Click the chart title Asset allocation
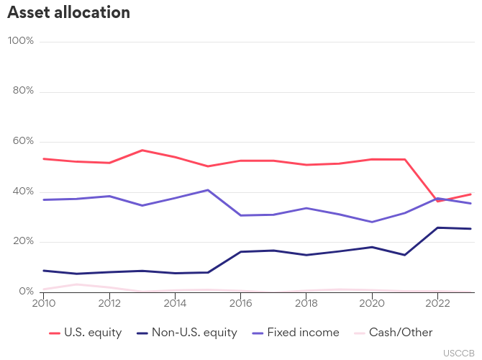click(69, 13)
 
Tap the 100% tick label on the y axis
click(21, 41)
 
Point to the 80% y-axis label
click(23, 91)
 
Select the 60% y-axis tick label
click(23, 141)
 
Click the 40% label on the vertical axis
click(23, 192)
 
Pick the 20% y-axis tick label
click(23, 241)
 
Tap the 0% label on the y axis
click(26, 292)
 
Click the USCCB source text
click(458, 353)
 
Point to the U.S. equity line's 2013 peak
click(142, 150)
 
